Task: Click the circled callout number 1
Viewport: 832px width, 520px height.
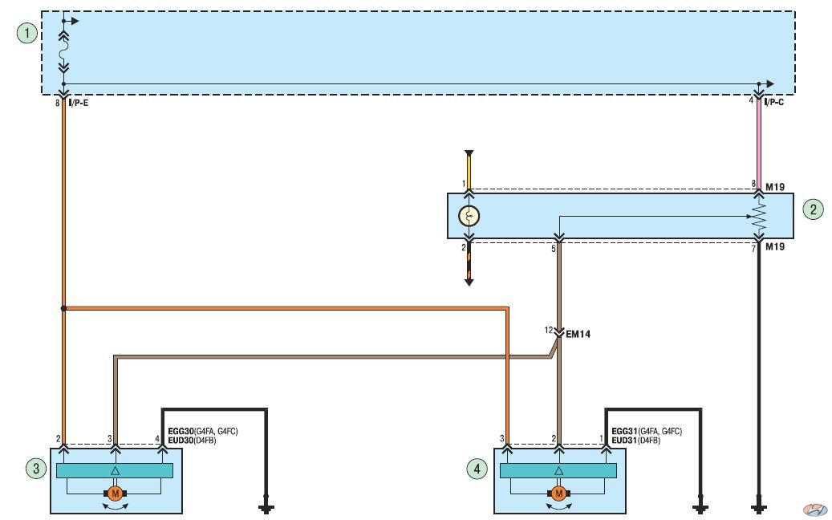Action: pyautogui.click(x=27, y=34)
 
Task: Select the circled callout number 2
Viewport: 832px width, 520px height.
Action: pyautogui.click(x=814, y=209)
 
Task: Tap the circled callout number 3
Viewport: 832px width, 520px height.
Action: pyautogui.click(x=36, y=469)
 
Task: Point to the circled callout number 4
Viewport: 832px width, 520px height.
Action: pyautogui.click(x=477, y=469)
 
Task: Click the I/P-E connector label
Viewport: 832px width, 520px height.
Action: pyautogui.click(x=79, y=103)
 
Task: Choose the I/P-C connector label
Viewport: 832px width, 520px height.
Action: pyautogui.click(x=774, y=102)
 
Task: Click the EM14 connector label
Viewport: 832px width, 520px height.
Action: pyautogui.click(x=578, y=335)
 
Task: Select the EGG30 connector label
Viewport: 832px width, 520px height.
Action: pyautogui.click(x=181, y=432)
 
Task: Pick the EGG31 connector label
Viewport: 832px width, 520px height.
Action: pyautogui.click(x=624, y=432)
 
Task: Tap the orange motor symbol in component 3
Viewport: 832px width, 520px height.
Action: pyautogui.click(x=115, y=494)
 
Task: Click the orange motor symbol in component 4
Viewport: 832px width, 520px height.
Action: pyautogui.click(x=558, y=494)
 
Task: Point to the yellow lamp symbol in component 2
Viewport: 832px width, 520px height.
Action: pyautogui.click(x=469, y=216)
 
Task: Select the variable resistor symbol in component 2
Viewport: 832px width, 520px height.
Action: pyautogui.click(x=759, y=217)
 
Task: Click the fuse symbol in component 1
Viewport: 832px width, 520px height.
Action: pyautogui.click(x=63, y=53)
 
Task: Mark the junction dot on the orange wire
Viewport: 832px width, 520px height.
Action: pyautogui.click(x=63, y=308)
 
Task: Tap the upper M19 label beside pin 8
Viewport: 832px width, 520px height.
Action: pyautogui.click(x=775, y=187)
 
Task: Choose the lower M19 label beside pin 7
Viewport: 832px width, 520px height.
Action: pyautogui.click(x=775, y=246)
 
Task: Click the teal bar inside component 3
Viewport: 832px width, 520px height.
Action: pyautogui.click(x=115, y=471)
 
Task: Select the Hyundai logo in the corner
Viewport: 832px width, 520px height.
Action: pyautogui.click(x=815, y=510)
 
